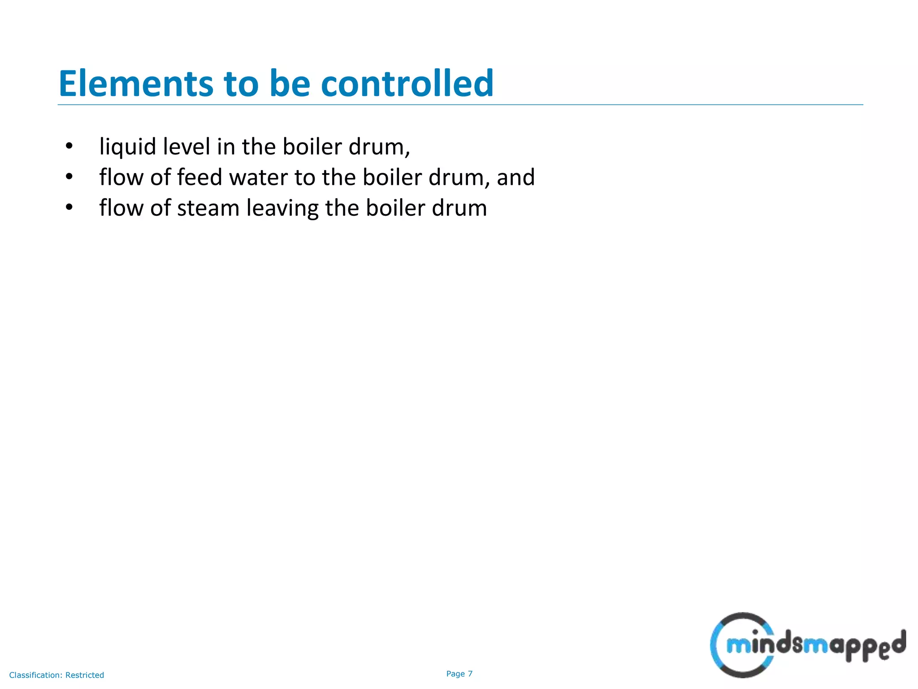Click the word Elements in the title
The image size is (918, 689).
click(x=136, y=84)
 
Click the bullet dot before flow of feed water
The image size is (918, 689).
click(x=69, y=177)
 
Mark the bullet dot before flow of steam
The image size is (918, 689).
click(x=69, y=207)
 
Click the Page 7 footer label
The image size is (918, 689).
click(x=459, y=674)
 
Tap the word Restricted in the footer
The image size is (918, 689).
click(x=85, y=675)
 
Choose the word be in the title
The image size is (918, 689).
click(x=290, y=84)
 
